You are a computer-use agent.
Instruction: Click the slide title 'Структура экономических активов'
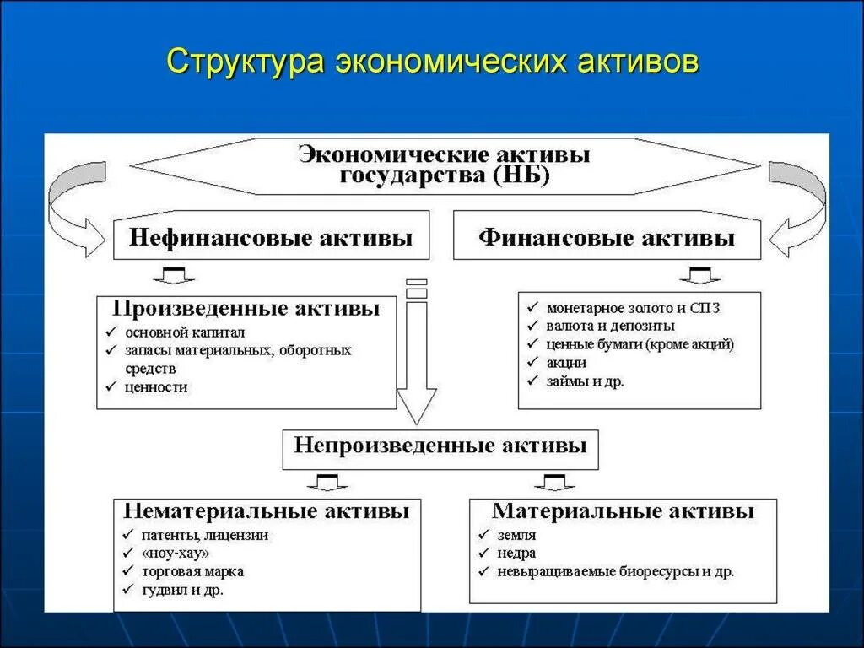(433, 62)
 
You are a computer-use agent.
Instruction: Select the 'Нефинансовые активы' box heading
(270, 238)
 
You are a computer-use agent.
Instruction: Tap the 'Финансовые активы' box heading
(607, 238)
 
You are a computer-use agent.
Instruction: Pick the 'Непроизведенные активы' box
(440, 445)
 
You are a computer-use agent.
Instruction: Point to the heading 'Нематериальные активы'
(267, 511)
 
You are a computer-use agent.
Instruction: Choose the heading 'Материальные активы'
(624, 511)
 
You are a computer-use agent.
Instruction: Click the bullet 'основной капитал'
(173, 332)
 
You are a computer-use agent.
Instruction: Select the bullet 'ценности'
(156, 387)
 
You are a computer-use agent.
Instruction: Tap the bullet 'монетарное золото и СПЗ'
(633, 308)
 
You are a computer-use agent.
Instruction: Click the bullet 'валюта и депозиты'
(610, 326)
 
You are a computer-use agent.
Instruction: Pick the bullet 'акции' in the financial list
(566, 363)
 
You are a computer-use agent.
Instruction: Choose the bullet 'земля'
(516, 535)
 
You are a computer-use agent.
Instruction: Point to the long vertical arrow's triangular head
(417, 405)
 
